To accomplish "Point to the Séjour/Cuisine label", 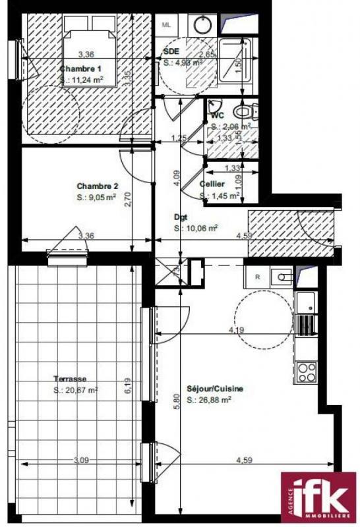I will tap(215, 389).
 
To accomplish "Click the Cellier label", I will tap(212, 183).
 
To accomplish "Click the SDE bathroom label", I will tap(171, 51).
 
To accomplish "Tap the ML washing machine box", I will tap(166, 25).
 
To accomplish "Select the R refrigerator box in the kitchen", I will tap(257, 277).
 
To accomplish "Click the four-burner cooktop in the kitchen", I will tap(305, 372).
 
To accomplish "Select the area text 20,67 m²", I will tap(76, 390).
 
